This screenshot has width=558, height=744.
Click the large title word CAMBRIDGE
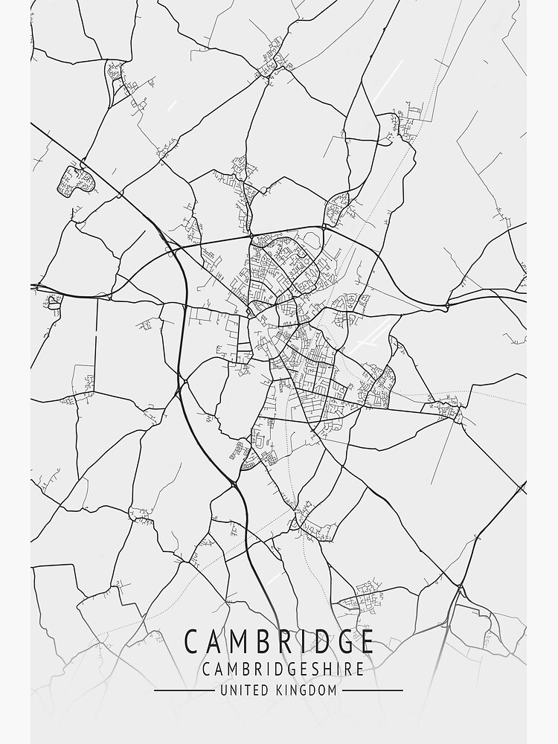279,641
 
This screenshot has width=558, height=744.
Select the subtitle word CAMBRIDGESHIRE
283,669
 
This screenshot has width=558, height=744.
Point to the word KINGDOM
307,690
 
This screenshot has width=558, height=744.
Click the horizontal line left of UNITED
183,690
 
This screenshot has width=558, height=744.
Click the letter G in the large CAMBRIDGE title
342,641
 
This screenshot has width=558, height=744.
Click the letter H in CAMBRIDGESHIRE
324,669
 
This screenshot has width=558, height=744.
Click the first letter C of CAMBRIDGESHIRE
205,669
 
